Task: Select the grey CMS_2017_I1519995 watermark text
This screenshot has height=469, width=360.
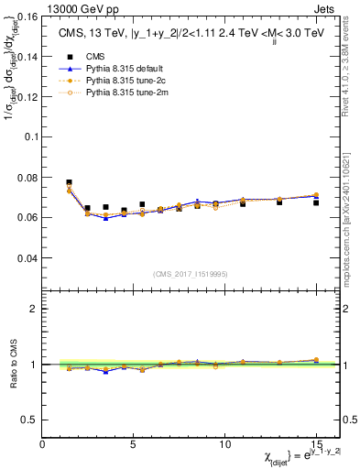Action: [x=191, y=273]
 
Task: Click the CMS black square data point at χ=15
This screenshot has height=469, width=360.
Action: [x=316, y=202]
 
